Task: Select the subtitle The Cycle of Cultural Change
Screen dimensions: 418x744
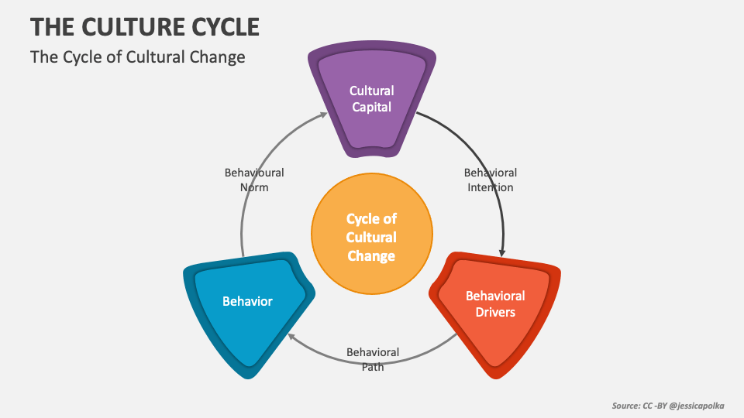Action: [x=137, y=57]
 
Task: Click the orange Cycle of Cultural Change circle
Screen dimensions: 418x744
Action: [x=371, y=238]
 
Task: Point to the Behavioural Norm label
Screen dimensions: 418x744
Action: [x=254, y=180]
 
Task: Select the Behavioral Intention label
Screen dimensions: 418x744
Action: [x=491, y=180]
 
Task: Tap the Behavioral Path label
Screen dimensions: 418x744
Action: [x=373, y=359]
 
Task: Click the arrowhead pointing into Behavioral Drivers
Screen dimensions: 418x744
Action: [x=504, y=252]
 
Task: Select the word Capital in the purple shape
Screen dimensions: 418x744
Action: [x=372, y=107]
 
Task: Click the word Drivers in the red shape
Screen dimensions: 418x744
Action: [x=494, y=312]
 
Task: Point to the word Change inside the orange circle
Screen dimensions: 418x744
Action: [x=371, y=256]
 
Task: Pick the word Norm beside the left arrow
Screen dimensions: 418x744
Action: [x=254, y=187]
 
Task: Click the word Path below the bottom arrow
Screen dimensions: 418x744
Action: [x=373, y=367]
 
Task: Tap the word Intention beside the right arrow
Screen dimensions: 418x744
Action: [x=491, y=187]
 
